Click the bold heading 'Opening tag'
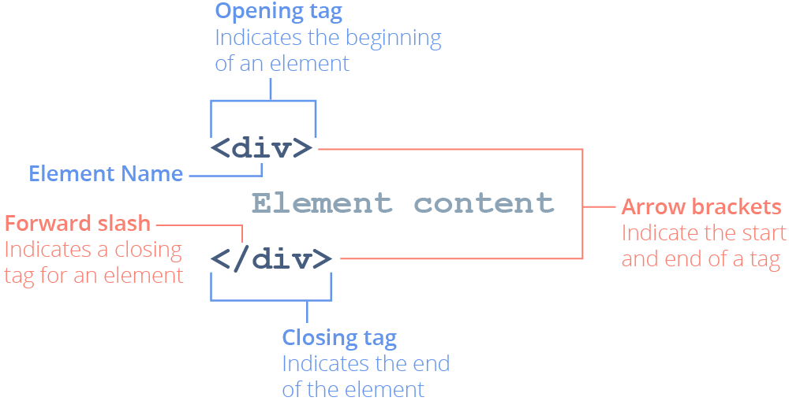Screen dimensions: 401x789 click(x=279, y=13)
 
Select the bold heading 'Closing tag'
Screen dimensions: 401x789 click(x=339, y=339)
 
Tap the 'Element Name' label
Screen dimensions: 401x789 click(x=106, y=173)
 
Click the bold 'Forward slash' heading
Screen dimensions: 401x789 click(x=77, y=224)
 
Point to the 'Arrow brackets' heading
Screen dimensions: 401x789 click(x=701, y=207)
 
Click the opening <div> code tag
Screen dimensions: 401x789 click(x=262, y=147)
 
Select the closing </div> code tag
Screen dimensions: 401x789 click(x=271, y=258)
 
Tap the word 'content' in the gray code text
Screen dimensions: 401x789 click(x=484, y=203)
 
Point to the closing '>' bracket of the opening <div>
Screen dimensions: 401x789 click(x=303, y=148)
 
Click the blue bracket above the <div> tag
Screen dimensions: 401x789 click(x=263, y=101)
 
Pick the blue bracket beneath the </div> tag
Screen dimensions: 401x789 click(x=271, y=299)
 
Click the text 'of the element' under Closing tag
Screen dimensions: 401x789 click(x=353, y=389)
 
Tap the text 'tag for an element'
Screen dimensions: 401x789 click(x=94, y=275)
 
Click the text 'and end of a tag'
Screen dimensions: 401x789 click(x=701, y=259)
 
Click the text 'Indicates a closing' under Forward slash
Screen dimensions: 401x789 click(x=93, y=250)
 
